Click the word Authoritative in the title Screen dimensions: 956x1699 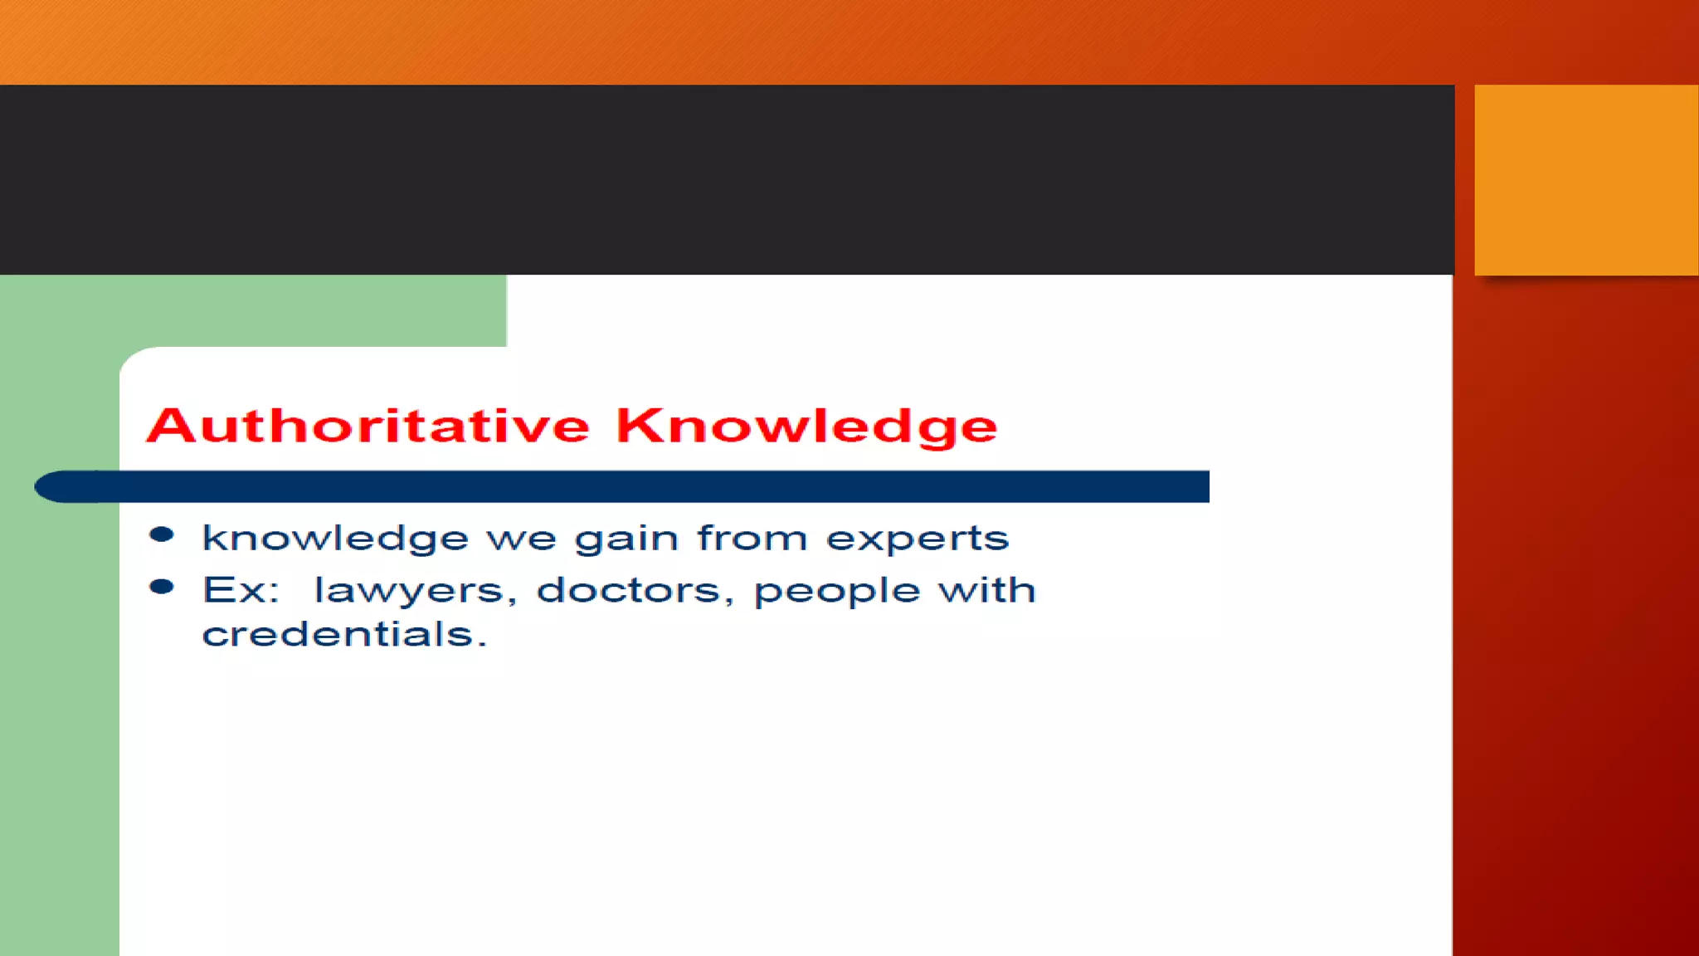(368, 427)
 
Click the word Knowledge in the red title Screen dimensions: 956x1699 (806, 427)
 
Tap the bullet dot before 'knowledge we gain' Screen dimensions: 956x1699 (162, 534)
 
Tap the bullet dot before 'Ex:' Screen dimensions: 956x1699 (162, 588)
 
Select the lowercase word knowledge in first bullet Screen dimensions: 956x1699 (335, 539)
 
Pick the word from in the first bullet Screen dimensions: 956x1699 (752, 538)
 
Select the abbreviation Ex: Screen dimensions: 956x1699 (241, 591)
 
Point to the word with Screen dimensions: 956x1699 (986, 590)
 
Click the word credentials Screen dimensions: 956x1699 (338, 635)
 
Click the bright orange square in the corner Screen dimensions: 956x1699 (1585, 179)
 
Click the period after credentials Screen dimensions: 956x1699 (482, 645)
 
